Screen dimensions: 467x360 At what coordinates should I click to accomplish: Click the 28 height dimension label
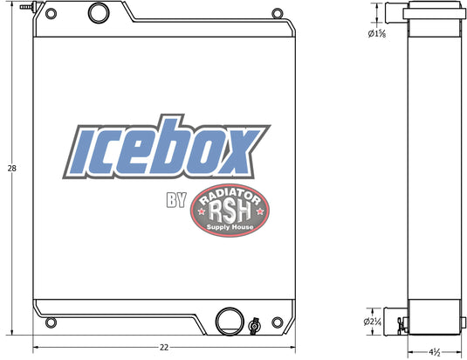coord(12,169)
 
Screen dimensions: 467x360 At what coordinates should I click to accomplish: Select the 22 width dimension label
coord(164,348)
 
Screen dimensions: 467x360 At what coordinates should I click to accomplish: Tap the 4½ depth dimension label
coord(435,352)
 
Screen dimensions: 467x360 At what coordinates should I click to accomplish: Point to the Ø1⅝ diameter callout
coord(377,34)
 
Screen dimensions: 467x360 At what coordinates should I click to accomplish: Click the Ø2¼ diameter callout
coord(372,322)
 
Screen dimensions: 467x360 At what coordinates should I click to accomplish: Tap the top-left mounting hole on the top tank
coord(51,14)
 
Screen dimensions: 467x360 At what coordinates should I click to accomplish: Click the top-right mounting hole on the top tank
coord(278,14)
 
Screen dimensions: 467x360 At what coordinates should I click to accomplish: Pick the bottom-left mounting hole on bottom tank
coord(51,322)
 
